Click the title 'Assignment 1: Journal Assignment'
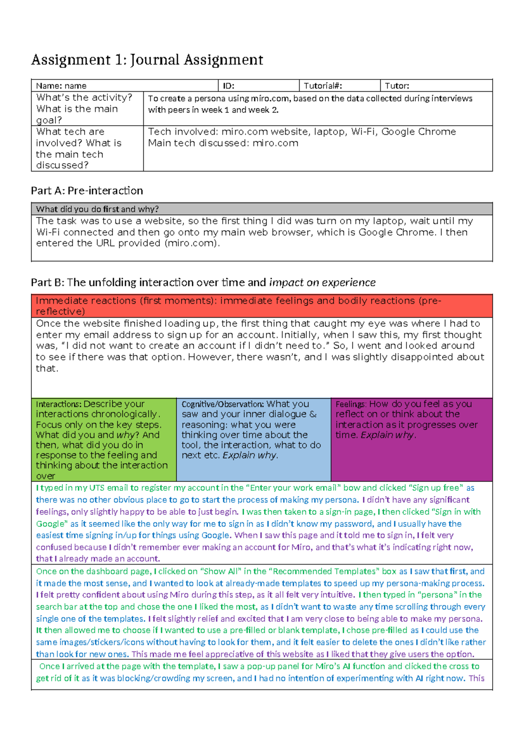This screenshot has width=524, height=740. pos(147,60)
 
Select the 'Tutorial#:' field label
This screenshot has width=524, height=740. pos(323,86)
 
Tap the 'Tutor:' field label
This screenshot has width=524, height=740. pos(396,86)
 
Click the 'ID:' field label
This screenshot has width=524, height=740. pos(228,86)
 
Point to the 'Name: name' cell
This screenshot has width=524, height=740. pos(61,86)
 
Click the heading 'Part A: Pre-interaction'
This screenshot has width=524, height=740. pos(87,191)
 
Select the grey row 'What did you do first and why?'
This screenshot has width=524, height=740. pos(97,209)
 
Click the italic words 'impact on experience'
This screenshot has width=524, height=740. pos(322,283)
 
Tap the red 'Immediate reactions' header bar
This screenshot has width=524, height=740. pos(261,306)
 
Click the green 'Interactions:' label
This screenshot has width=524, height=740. pos(59,404)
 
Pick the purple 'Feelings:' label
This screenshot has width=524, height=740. pos(351,404)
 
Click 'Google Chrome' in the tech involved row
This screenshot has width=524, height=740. pos(418,132)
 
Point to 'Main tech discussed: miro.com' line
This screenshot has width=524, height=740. pos(223,143)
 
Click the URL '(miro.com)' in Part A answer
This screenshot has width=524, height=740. pos(191,243)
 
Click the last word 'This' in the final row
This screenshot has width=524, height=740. pos(476,678)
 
